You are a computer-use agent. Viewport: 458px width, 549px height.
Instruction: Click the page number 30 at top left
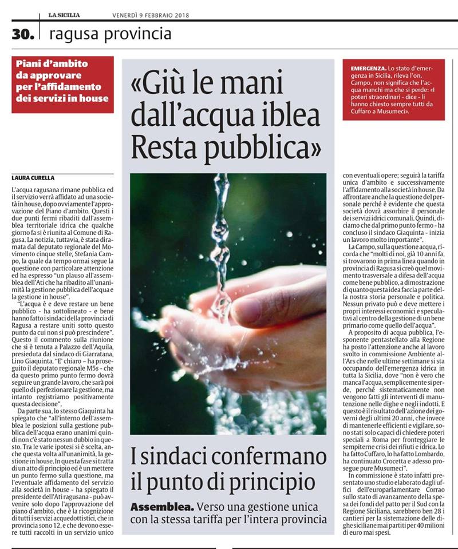point(23,34)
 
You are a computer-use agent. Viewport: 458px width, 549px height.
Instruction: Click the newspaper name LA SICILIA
point(64,14)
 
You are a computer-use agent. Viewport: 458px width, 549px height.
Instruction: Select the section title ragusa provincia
point(110,34)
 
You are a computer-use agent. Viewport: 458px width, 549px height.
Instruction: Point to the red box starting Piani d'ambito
point(63,84)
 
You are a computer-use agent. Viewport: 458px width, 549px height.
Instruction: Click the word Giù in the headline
point(165,85)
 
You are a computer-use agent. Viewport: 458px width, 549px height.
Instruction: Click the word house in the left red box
point(94,98)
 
